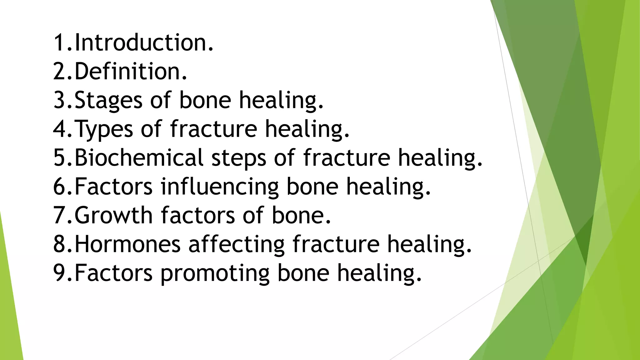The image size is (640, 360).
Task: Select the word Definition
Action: [131, 71]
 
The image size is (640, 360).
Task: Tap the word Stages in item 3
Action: [108, 100]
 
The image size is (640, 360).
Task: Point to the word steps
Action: [239, 158]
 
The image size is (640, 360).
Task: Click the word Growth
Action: [113, 215]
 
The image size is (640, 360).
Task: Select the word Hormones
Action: [127, 244]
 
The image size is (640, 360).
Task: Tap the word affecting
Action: [236, 245]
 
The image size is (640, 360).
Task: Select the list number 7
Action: [59, 215]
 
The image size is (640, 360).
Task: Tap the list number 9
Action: [59, 273]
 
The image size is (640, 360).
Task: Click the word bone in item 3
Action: [205, 100]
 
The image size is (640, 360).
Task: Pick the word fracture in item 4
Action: [214, 129]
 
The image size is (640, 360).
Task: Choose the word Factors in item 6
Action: [113, 187]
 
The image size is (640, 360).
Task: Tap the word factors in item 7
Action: [197, 215]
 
